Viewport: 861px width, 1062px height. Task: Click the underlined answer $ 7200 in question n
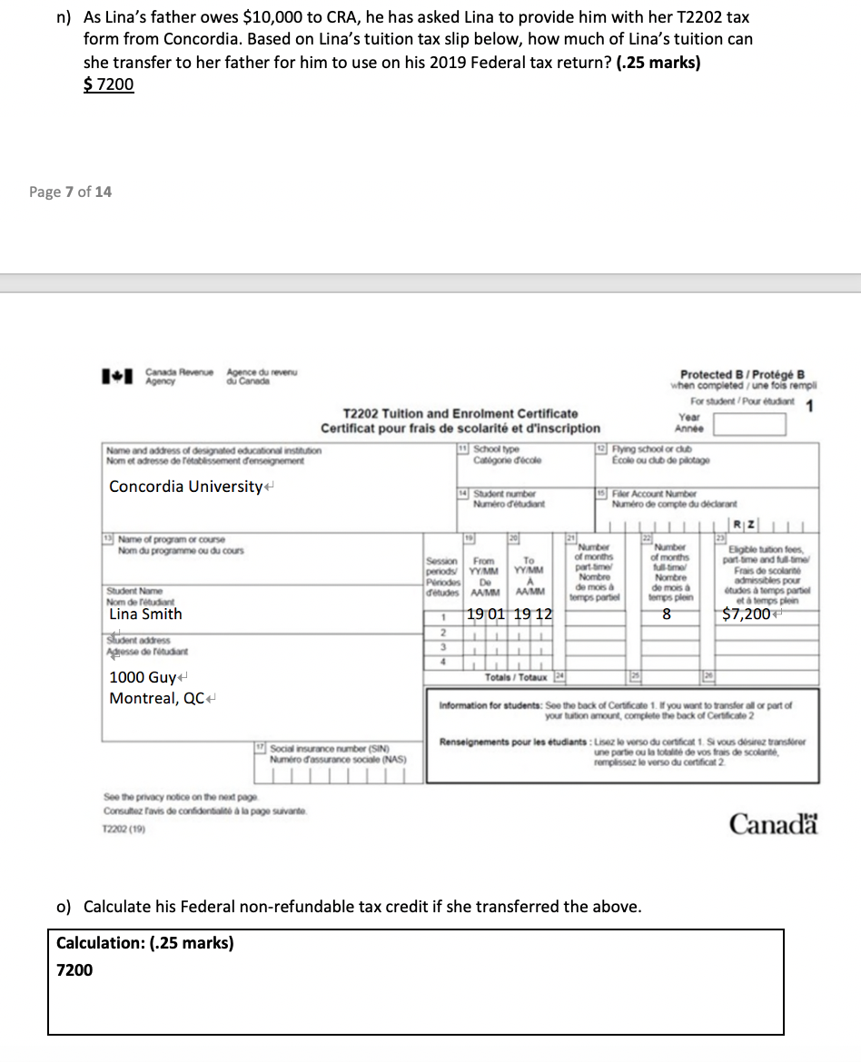point(109,84)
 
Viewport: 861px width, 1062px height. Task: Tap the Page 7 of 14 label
point(71,192)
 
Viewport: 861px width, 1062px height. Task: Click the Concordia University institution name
point(185,487)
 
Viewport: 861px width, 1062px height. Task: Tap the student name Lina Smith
point(145,614)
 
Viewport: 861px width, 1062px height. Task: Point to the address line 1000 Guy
point(143,677)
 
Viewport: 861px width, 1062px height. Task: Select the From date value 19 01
point(488,615)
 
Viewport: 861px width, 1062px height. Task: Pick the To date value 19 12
point(532,615)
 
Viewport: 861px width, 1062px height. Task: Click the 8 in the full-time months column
point(666,615)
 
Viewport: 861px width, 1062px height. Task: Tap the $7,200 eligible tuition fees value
point(747,615)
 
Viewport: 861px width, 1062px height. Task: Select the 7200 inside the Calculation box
point(74,969)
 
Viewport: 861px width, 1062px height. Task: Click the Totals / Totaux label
point(516,677)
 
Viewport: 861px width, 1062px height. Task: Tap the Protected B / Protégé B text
point(742,374)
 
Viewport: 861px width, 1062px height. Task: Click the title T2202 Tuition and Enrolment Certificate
point(460,413)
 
